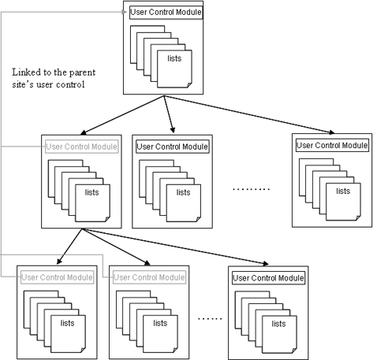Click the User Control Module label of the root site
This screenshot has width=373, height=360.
click(166, 13)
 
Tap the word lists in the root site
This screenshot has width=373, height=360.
click(174, 58)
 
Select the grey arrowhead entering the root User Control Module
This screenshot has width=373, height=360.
click(125, 12)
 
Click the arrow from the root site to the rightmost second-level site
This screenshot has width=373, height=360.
click(249, 114)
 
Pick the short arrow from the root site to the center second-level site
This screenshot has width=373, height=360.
click(169, 114)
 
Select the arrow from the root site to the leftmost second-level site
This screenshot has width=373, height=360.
click(122, 115)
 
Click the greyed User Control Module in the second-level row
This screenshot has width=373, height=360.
click(82, 147)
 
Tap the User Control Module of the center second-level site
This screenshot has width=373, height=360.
click(173, 147)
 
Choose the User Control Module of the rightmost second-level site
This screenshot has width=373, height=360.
click(332, 145)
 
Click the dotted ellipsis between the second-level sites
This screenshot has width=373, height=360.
click(252, 189)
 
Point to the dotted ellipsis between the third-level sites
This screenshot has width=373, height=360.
click(210, 319)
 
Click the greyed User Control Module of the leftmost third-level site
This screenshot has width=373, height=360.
click(58, 277)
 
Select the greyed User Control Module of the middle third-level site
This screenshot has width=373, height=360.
click(149, 277)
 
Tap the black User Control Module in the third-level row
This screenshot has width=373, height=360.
click(268, 278)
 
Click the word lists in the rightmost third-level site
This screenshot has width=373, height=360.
click(278, 324)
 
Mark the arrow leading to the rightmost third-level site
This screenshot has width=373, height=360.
click(175, 247)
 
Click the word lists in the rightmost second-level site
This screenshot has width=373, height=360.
click(343, 191)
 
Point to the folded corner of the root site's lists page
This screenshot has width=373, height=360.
click(189, 85)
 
